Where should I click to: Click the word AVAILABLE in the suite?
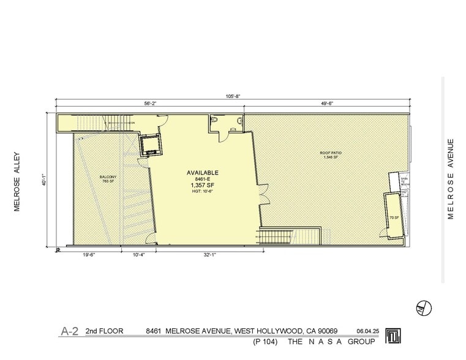pyautogui.click(x=202, y=173)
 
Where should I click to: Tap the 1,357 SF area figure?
pyautogui.click(x=202, y=186)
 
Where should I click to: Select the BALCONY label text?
pyautogui.click(x=108, y=178)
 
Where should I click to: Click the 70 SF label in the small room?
pyautogui.click(x=394, y=218)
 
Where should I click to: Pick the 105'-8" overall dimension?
pyautogui.click(x=232, y=95)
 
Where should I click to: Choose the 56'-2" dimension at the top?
pyautogui.click(x=150, y=103)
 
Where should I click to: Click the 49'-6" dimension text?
pyautogui.click(x=326, y=103)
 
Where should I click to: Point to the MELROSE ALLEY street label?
pyautogui.click(x=18, y=181)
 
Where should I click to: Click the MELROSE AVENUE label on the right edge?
pyautogui.click(x=451, y=179)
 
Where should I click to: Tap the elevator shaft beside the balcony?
pyautogui.click(x=149, y=146)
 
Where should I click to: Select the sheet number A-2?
pyautogui.click(x=69, y=331)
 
